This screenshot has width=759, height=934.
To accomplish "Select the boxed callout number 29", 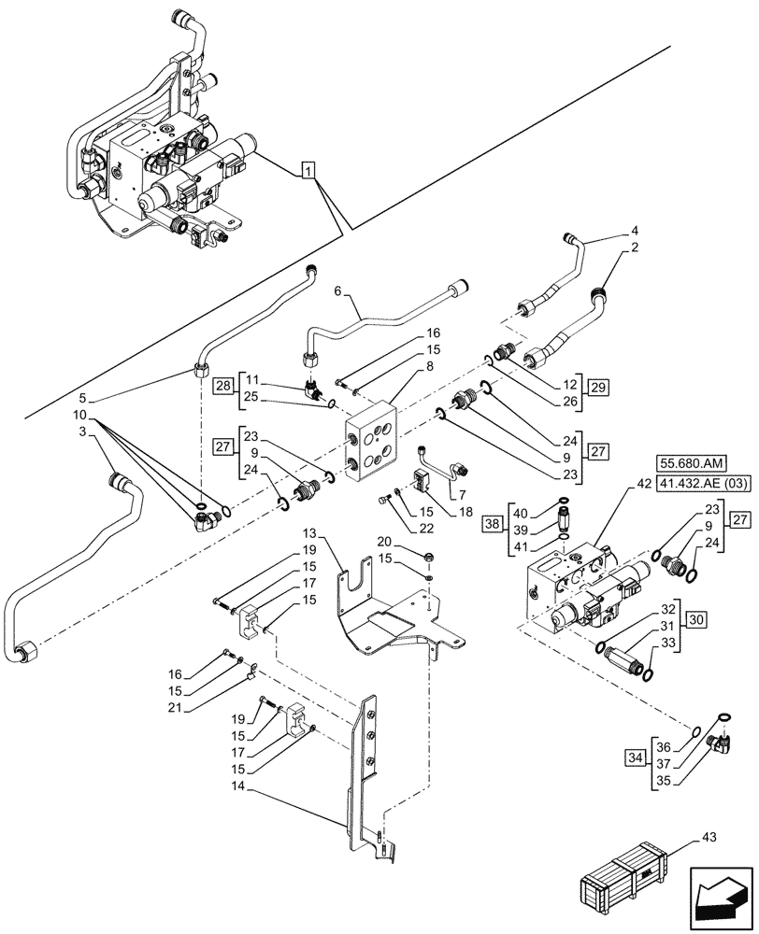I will (598, 386).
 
